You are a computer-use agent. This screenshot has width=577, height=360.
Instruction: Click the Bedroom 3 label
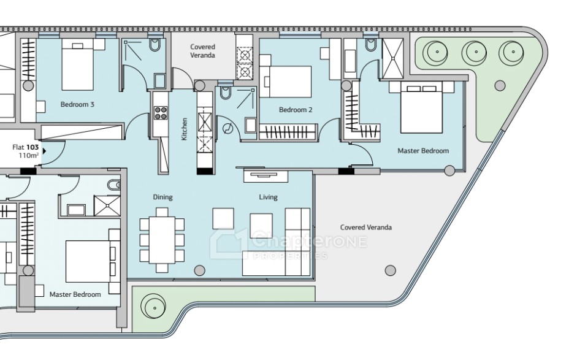click(77, 104)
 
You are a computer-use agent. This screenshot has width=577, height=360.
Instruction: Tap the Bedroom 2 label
click(296, 110)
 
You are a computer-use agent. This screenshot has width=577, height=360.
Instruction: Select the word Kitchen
click(185, 129)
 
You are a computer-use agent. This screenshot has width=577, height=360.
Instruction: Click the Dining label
click(162, 197)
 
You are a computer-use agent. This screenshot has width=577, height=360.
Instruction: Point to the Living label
click(268, 197)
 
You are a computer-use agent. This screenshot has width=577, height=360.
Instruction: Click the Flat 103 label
click(25, 147)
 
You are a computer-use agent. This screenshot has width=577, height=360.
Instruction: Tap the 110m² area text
click(29, 155)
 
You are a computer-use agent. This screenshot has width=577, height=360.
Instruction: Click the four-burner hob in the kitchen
click(161, 113)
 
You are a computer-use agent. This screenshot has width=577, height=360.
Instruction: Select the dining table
click(162, 240)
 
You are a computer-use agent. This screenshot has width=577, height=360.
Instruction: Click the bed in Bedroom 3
click(77, 64)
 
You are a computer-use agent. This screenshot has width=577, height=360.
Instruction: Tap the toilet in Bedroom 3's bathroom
click(155, 45)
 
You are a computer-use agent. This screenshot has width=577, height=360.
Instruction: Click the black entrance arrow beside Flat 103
click(44, 151)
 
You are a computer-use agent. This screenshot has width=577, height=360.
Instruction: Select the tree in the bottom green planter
click(153, 306)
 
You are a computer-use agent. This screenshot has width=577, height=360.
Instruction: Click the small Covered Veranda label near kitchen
click(202, 51)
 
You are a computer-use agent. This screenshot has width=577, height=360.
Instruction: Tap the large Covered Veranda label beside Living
click(366, 228)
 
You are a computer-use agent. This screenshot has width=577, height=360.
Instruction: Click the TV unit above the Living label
click(265, 176)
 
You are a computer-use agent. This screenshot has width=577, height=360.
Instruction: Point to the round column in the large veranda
click(390, 270)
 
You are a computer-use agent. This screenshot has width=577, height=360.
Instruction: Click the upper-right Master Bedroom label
click(423, 150)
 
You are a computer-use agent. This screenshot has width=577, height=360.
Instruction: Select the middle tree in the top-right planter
click(474, 52)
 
